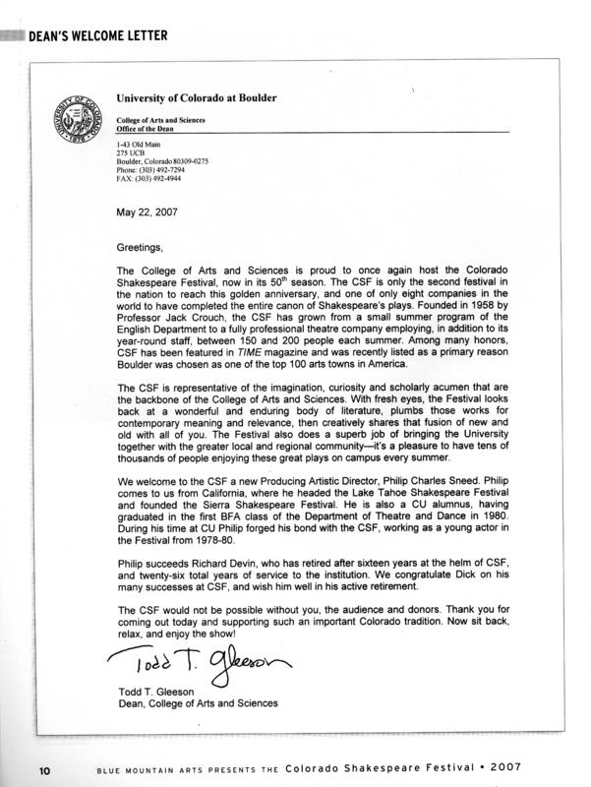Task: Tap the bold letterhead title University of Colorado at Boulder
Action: pyautogui.click(x=197, y=98)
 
